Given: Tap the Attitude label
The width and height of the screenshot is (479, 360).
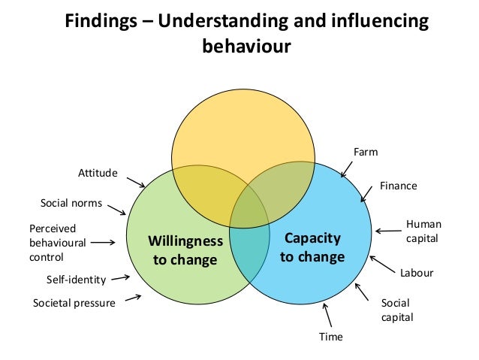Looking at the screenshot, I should [98, 173].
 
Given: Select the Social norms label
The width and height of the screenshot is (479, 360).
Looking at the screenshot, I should [71, 203].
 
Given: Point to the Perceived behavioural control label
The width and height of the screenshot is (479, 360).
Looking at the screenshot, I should [57, 242].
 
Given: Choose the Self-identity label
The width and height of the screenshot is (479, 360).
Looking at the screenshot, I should [77, 280].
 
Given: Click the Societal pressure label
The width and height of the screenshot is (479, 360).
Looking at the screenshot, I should [74, 303].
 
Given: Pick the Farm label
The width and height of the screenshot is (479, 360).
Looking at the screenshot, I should [366, 153].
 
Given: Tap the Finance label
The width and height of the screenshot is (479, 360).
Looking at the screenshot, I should [398, 185].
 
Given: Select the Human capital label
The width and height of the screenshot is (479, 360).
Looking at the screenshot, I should [423, 231].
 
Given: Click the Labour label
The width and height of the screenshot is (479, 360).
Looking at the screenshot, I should [416, 273].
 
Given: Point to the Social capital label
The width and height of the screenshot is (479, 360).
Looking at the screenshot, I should [397, 310].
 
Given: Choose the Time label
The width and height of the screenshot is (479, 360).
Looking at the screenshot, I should [330, 337].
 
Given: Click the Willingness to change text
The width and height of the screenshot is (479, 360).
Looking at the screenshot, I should [185, 250].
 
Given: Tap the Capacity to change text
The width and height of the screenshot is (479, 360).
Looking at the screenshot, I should [312, 247].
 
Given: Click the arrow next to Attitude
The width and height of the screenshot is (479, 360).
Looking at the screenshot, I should [135, 182].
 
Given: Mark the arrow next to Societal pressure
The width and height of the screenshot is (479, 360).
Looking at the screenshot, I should [133, 298].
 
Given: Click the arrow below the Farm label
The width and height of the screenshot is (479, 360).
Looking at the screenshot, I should [348, 168].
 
